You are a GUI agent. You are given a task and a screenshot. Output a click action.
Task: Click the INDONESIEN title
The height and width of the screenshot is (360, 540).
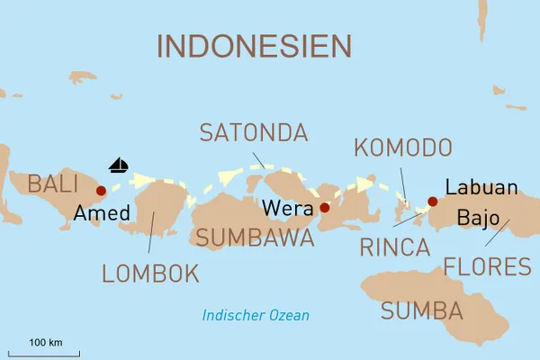pos(255,46)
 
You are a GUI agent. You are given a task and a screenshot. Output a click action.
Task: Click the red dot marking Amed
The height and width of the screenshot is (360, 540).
pos(101,191)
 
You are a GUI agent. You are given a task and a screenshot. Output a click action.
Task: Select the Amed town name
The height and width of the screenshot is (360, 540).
pos(102,214)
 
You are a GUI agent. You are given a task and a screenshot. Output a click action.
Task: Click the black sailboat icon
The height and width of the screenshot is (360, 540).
pos(119,166)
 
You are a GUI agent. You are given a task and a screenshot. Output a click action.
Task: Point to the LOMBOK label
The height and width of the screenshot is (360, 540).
pos(150,274)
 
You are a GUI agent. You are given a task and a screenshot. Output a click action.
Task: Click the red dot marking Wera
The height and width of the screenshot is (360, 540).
pos(325,208)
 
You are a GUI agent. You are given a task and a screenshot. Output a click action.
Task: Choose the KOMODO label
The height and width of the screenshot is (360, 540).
pos(402,147)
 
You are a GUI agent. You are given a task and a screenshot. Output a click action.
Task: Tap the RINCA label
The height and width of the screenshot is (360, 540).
pos(394,247)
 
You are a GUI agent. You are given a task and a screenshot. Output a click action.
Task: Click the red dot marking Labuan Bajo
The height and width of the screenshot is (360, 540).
pos(433,202)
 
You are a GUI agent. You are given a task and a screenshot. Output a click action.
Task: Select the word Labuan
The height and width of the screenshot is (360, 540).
pos(481,189)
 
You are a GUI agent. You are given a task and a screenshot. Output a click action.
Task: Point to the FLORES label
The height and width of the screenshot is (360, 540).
pos(487,266)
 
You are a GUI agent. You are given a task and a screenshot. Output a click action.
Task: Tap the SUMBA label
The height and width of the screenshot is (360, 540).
pos(421,311)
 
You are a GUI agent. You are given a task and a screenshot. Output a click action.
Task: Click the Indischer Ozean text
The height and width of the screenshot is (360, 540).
pos(256,315)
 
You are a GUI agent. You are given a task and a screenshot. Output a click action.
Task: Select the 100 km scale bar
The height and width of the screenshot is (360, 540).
pos(44,354)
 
